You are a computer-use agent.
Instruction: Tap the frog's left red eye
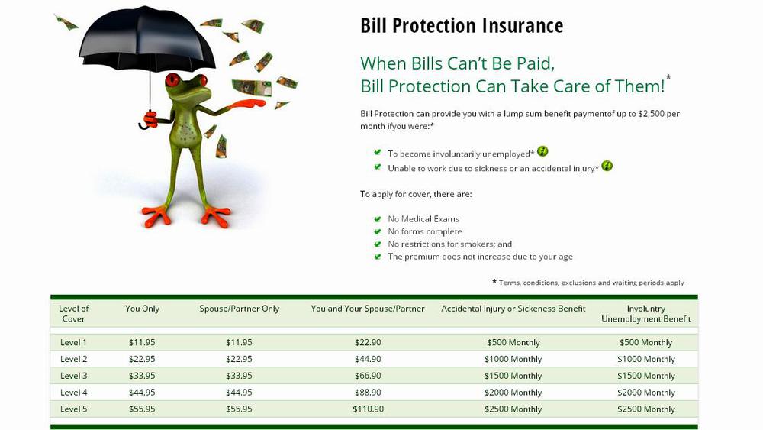[172, 80]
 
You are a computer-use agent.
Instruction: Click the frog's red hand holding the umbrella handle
[151, 119]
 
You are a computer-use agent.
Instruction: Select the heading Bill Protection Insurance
[462, 26]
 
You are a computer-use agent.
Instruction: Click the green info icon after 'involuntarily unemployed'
[542, 151]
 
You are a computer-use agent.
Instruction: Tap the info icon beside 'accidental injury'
[607, 166]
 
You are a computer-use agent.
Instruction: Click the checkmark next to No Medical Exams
[377, 218]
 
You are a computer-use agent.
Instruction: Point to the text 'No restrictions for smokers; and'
[449, 244]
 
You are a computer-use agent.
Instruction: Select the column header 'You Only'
[142, 309]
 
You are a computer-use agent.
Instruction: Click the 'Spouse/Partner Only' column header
[240, 309]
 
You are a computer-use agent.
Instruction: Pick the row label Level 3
[73, 376]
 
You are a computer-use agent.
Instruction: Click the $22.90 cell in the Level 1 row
[368, 342]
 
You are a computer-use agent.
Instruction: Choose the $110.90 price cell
[369, 409]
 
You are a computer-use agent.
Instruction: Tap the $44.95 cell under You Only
[142, 392]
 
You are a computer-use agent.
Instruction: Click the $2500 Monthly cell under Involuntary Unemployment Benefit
[646, 409]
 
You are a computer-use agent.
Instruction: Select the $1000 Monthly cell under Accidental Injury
[513, 359]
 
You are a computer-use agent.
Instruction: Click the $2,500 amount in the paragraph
[651, 114]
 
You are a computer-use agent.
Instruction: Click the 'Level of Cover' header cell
[73, 314]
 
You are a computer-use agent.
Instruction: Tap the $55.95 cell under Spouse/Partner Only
[239, 409]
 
